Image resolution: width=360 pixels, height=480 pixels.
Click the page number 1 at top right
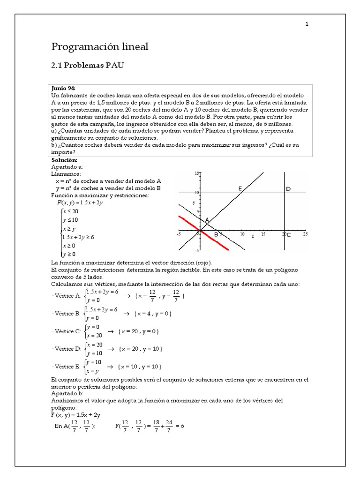click(307, 24)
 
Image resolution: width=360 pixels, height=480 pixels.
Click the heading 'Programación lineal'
click(99, 46)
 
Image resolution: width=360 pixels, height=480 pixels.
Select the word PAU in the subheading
click(114, 66)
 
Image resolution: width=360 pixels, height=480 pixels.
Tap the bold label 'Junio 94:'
click(63, 88)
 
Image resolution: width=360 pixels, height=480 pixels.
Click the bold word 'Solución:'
click(64, 160)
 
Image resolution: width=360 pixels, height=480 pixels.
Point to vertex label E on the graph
click(240, 188)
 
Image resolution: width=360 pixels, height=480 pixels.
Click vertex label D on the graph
click(288, 188)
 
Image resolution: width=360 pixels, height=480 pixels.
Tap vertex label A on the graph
click(207, 220)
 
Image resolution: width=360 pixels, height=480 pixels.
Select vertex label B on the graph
click(216, 234)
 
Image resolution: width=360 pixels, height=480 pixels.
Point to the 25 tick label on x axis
click(306, 233)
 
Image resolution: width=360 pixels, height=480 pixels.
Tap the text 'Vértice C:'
click(68, 331)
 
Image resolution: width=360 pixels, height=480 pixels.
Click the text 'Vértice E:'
click(68, 366)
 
